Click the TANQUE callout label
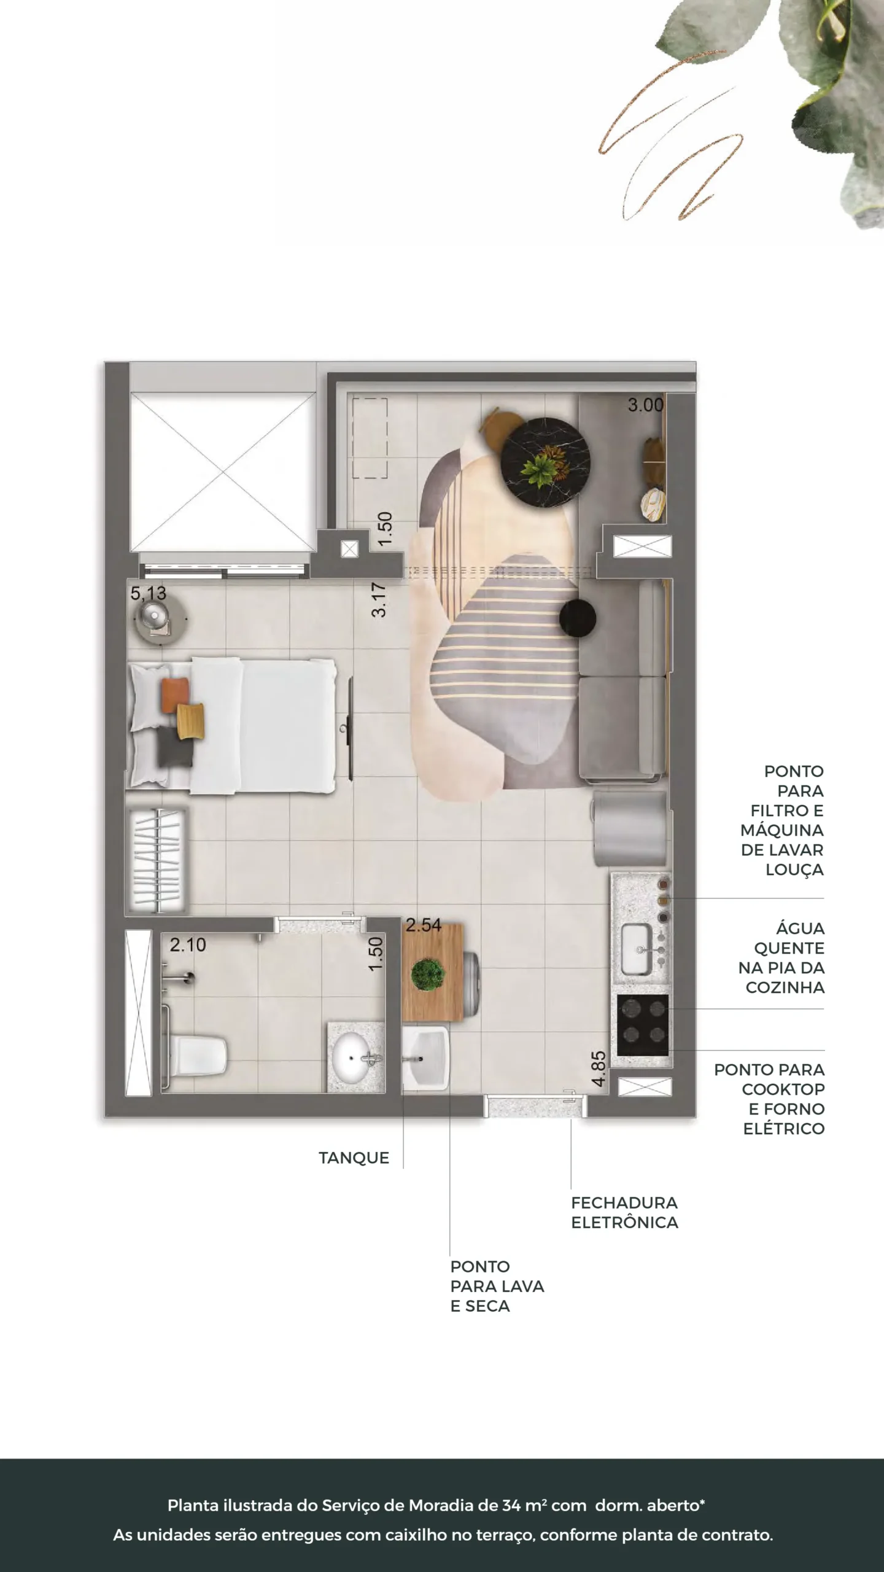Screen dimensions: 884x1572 pos(354,1158)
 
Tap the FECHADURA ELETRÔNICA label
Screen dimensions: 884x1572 pos(624,1213)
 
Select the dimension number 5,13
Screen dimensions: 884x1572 pos(149,594)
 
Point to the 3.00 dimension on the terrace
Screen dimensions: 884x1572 pos(645,405)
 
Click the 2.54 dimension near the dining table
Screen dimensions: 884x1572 pos(423,925)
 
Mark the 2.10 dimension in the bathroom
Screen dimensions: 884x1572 pos(188,945)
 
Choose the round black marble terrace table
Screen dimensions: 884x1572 pos(546,462)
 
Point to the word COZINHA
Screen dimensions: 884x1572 pos(785,987)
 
